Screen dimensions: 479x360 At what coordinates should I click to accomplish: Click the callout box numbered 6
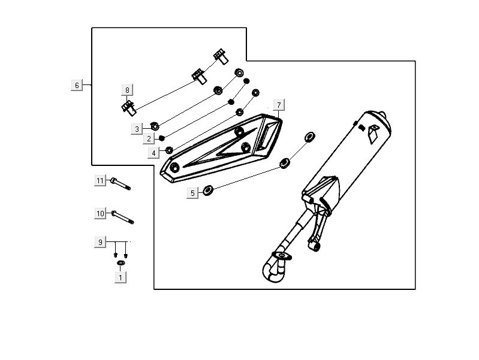tap(77, 85)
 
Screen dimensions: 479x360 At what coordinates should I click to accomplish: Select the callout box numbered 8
tap(127, 90)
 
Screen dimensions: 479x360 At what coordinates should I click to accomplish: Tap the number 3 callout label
tap(137, 129)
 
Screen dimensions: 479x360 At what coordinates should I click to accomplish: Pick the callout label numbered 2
tap(149, 139)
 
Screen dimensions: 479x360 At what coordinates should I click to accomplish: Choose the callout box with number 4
tap(153, 153)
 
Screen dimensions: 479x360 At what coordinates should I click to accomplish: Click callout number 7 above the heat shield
tap(279, 105)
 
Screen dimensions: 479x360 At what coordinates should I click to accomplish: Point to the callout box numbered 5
tap(192, 193)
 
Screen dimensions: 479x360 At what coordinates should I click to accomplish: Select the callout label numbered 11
tap(100, 181)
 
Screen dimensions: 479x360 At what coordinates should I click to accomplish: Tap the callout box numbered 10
tap(100, 213)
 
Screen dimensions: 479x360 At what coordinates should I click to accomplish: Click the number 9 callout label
tap(100, 242)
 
